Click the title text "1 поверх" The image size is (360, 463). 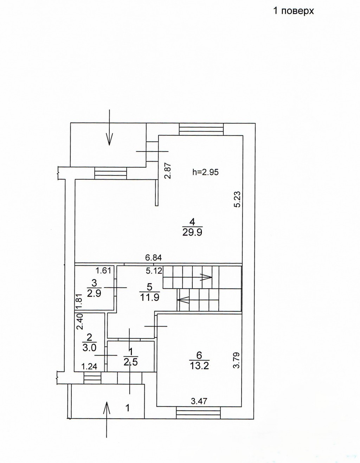(294, 11)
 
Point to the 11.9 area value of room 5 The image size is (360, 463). (149, 297)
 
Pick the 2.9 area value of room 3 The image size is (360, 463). (94, 294)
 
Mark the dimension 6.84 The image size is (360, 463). (153, 258)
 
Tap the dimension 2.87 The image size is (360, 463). (168, 171)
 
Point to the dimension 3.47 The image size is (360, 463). (199, 401)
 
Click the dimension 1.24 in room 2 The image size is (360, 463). (89, 366)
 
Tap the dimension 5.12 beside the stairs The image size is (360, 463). (154, 271)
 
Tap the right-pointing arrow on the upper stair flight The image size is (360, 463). (206, 277)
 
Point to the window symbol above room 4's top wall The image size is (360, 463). (201, 129)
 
